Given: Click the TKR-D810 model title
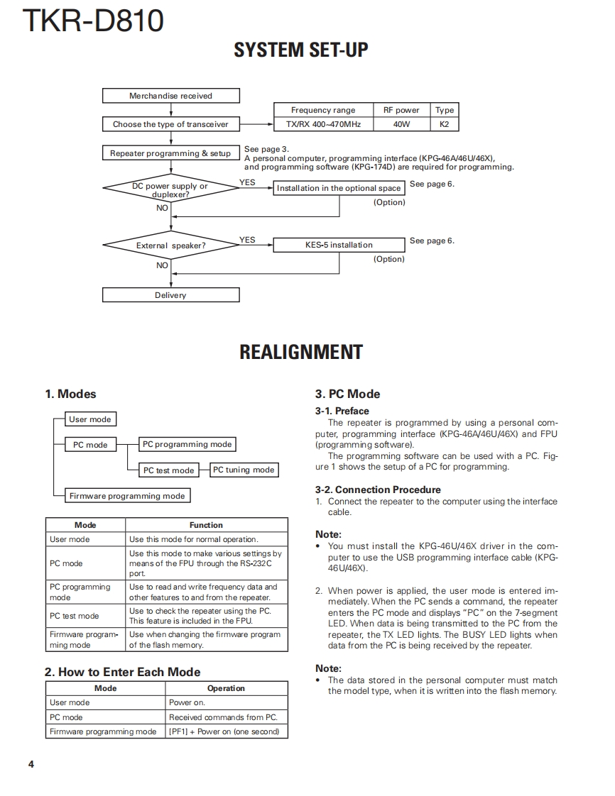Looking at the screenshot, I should (x=93, y=22).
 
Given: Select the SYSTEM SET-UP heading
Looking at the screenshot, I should (x=301, y=50).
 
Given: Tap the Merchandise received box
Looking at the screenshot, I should (x=170, y=96).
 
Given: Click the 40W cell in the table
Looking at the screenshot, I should (x=401, y=124).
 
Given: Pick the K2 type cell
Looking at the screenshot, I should (x=445, y=124).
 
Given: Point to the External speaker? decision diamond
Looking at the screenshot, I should (x=170, y=245).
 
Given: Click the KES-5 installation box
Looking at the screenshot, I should (x=339, y=245).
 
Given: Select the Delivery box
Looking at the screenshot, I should (x=170, y=295).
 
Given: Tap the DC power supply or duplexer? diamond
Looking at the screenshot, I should (x=170, y=189).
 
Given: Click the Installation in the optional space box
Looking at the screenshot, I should (x=339, y=188).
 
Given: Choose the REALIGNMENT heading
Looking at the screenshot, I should (x=301, y=353).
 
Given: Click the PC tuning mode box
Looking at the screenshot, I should (x=244, y=470).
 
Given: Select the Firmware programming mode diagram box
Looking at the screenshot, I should (x=127, y=496).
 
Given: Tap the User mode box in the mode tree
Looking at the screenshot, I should (x=89, y=419).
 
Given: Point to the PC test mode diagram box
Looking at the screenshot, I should (x=168, y=470).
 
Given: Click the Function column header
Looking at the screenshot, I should (x=206, y=525).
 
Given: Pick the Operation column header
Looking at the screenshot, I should (x=226, y=688).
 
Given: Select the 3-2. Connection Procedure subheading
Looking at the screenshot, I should (x=378, y=490).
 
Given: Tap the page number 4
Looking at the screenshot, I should (x=31, y=764).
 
